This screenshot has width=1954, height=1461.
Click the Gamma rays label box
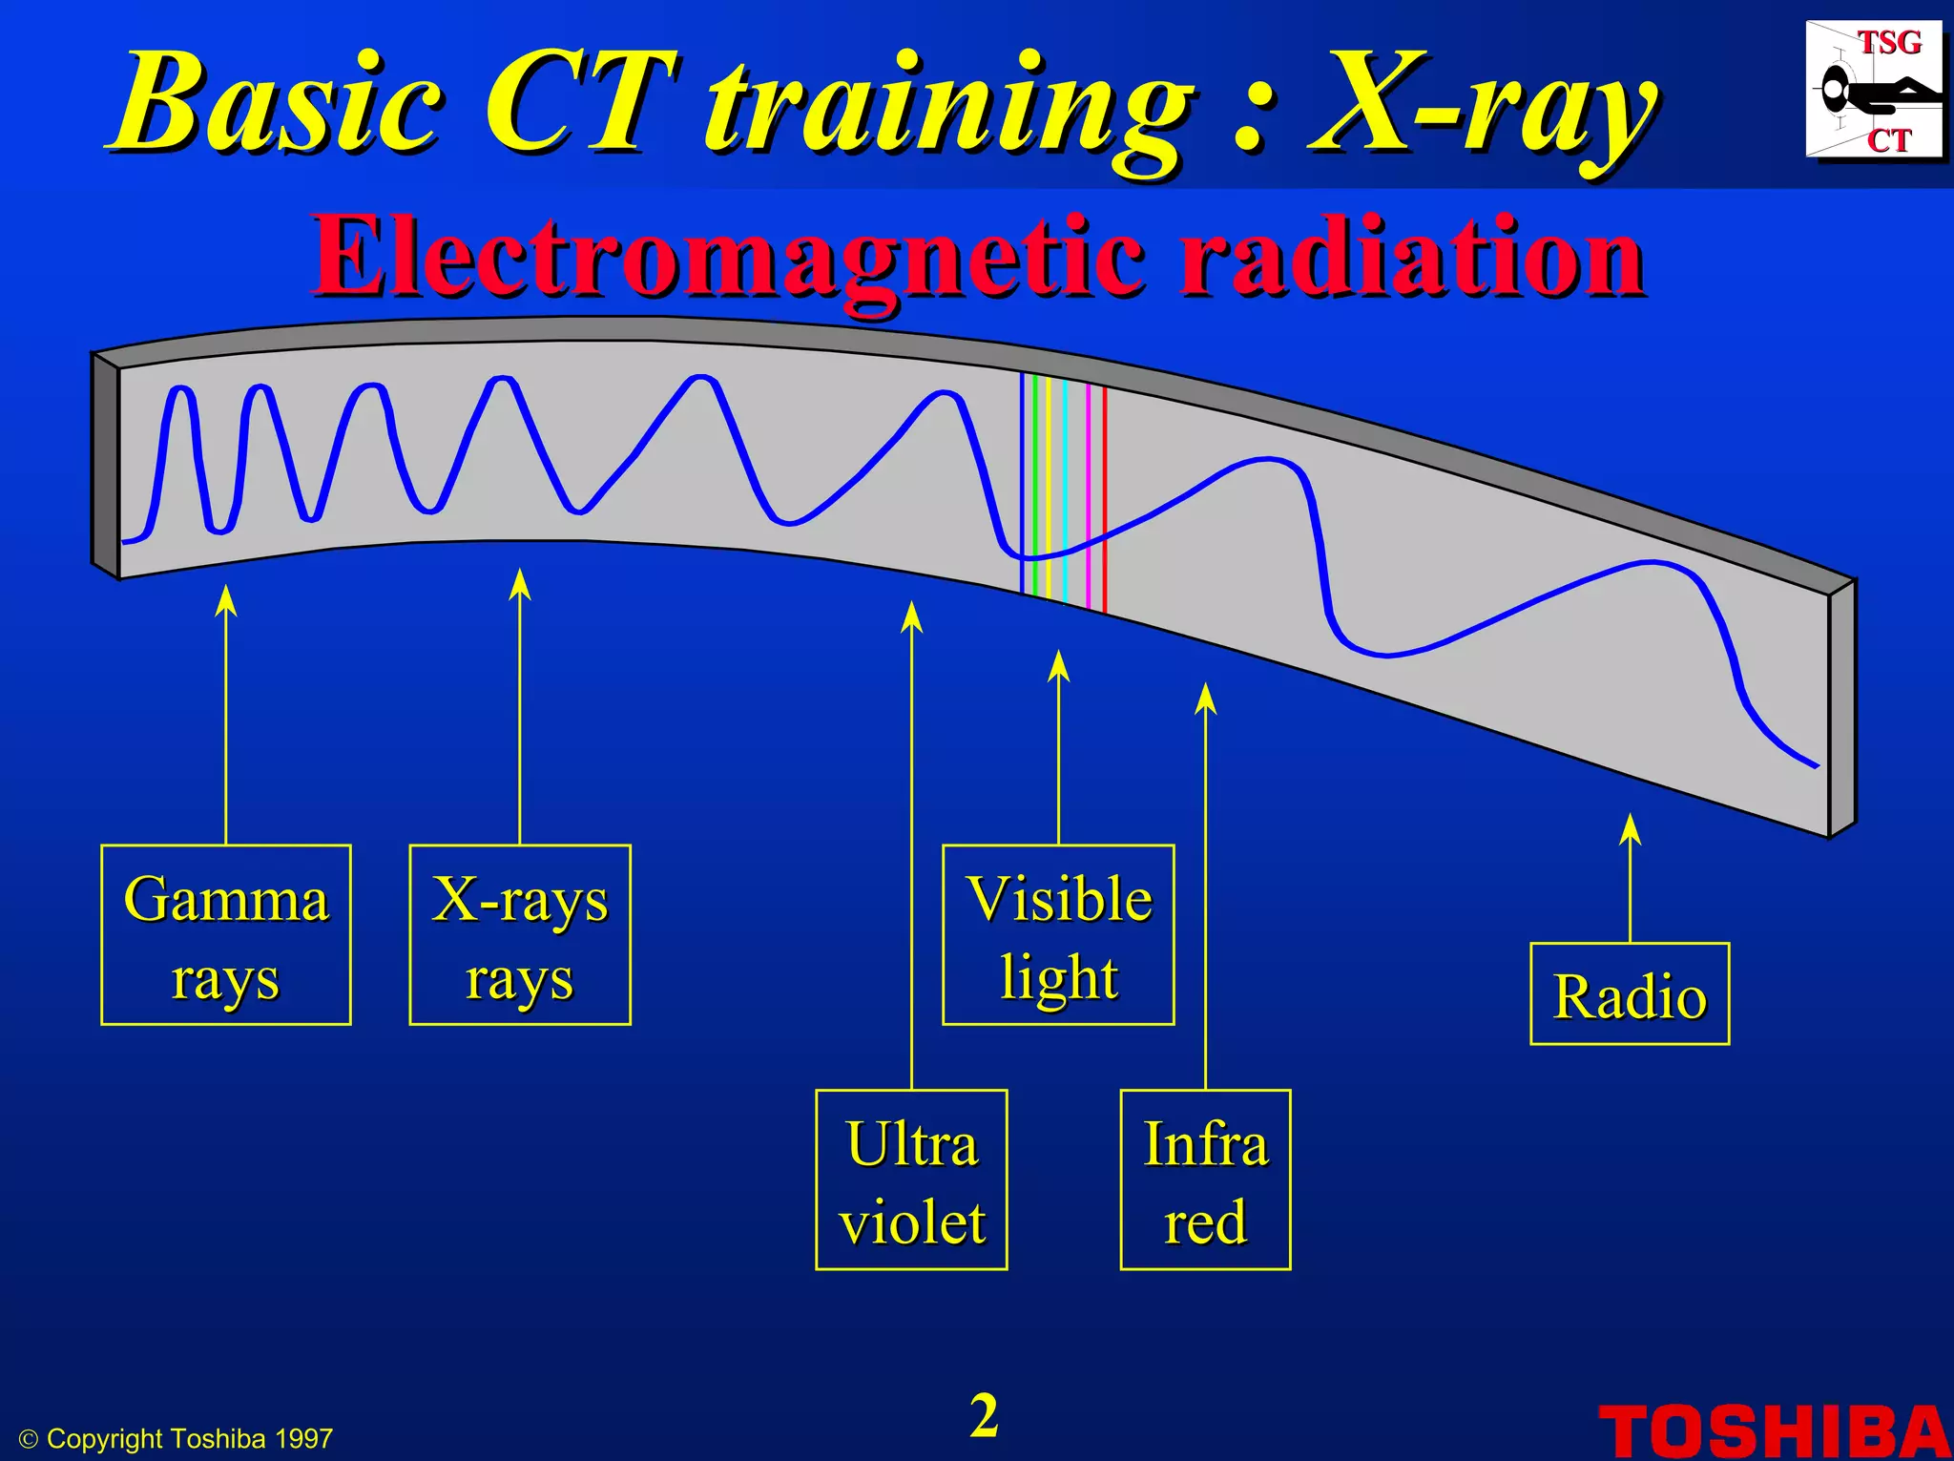[226, 935]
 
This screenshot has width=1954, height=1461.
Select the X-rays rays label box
[520, 935]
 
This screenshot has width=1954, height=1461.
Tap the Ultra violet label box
[911, 1179]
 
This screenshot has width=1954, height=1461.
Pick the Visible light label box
[1058, 935]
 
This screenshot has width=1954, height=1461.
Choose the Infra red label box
[1205, 1179]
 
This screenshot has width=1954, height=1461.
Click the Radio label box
[1630, 994]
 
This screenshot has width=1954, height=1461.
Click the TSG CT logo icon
[1874, 91]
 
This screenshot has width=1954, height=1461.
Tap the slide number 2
[984, 1415]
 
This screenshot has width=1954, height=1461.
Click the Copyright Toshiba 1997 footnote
[177, 1439]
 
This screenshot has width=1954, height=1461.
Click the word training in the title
[949, 105]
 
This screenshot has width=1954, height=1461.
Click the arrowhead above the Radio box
[1631, 828]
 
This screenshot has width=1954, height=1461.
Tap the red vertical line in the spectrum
[1105, 496]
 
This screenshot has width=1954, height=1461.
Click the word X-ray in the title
[1484, 105]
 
